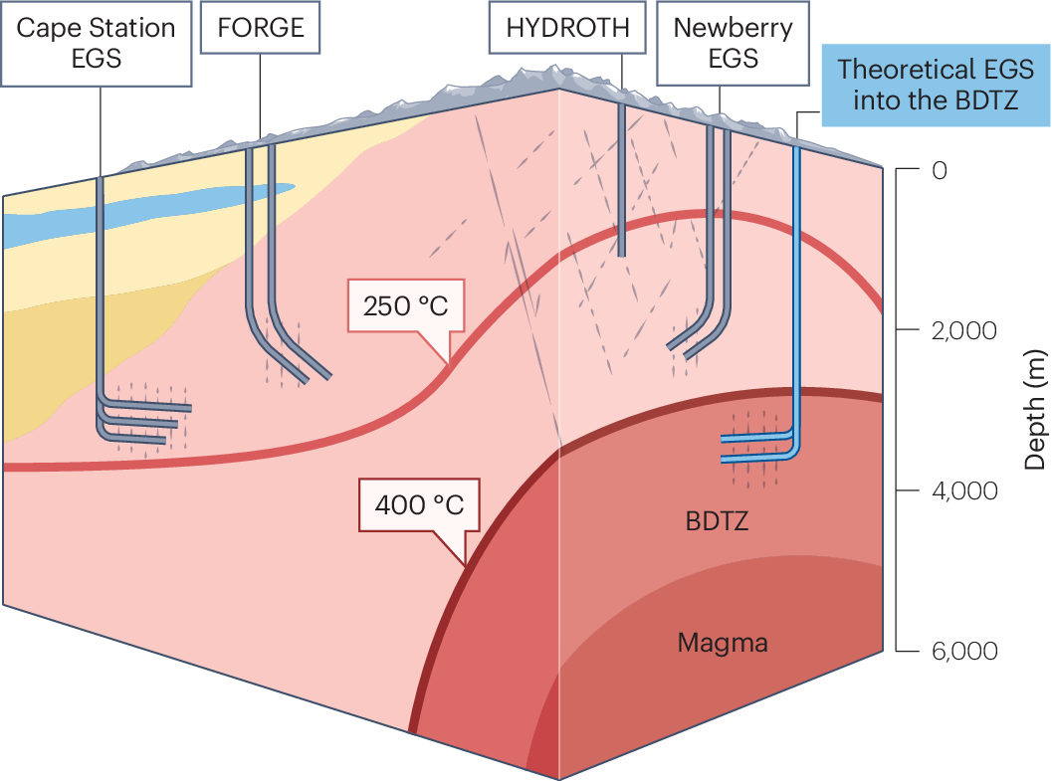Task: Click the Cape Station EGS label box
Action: (x=97, y=42)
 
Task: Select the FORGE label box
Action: (x=261, y=27)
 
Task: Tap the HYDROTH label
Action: (x=567, y=27)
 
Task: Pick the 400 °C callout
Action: (x=419, y=504)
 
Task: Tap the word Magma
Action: (x=723, y=643)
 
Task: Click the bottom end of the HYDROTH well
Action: (x=621, y=253)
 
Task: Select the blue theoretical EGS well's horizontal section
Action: (x=756, y=448)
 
